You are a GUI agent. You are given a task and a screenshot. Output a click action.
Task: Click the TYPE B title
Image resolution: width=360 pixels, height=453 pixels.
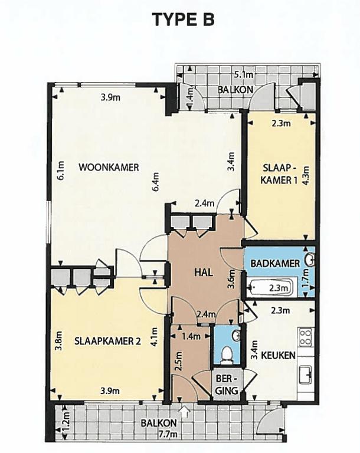[x=183, y=19]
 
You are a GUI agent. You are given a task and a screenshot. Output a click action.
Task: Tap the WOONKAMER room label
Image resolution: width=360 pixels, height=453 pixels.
[x=109, y=168]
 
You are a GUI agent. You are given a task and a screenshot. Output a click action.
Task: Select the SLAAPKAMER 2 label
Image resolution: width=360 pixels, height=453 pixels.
[x=107, y=341]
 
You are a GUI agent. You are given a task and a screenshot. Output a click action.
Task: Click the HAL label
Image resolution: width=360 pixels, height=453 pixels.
[x=204, y=272]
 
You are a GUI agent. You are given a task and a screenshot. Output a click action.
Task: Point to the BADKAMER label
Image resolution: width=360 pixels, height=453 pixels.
[x=275, y=264]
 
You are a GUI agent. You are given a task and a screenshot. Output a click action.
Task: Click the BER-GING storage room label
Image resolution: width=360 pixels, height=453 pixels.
[x=227, y=385]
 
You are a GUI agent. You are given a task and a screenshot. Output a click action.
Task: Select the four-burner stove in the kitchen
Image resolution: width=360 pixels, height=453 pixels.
[x=306, y=337]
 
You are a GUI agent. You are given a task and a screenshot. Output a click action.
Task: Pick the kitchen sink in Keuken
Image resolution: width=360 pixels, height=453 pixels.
[x=306, y=375]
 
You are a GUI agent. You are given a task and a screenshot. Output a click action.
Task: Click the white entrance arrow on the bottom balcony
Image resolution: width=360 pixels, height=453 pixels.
[x=184, y=411]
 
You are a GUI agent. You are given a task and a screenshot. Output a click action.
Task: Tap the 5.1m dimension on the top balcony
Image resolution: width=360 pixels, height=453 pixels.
[x=244, y=75]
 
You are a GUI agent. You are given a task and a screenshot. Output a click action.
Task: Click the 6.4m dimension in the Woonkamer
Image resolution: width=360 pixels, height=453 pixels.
[x=156, y=182]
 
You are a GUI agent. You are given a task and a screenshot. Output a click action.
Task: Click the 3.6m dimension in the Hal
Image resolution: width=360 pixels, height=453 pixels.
[x=230, y=279]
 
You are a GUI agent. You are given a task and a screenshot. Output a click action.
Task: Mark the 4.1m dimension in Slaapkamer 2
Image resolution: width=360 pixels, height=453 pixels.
[x=155, y=337]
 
